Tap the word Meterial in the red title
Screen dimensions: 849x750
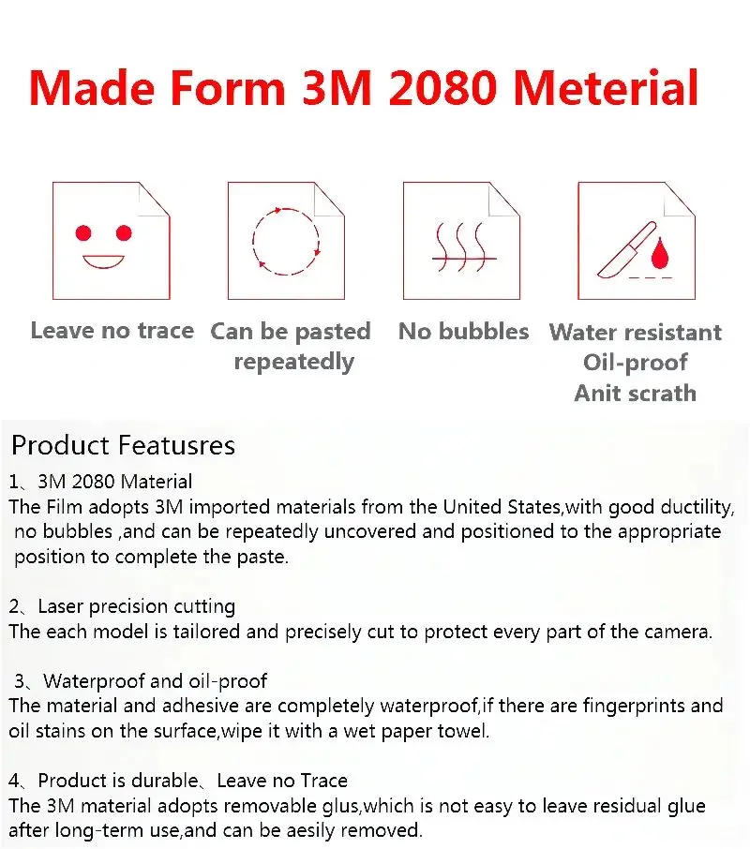606,87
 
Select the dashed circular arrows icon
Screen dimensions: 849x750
286,242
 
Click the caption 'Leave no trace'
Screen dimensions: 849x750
112,330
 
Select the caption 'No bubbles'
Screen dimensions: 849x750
463,331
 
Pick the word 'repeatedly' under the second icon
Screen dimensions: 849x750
293,362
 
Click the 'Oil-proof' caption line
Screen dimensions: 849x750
635,363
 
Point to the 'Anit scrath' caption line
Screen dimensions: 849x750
635,394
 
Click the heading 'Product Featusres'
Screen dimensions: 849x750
123,444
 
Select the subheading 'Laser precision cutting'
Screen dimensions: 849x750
137,606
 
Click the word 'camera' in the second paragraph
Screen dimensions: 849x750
676,632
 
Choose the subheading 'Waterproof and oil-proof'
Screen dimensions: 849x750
156,680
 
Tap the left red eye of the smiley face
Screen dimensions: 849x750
83,231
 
